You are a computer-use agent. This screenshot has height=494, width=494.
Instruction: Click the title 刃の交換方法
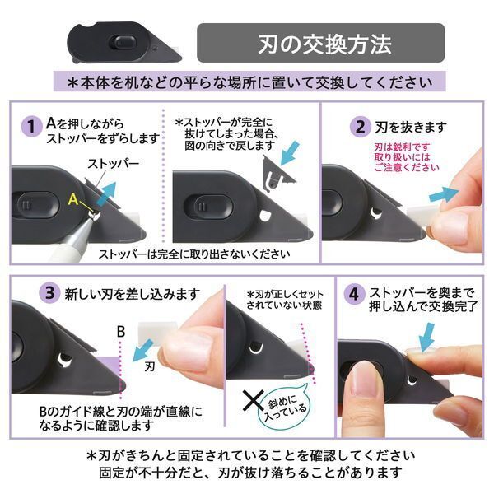click(320, 42)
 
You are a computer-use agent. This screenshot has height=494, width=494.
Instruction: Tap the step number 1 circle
click(30, 128)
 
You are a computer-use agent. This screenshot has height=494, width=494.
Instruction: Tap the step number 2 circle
click(360, 128)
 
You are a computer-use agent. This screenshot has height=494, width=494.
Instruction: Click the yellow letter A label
click(73, 198)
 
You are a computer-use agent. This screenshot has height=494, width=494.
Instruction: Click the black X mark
click(249, 403)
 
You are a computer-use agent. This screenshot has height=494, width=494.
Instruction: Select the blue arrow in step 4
click(427, 337)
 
